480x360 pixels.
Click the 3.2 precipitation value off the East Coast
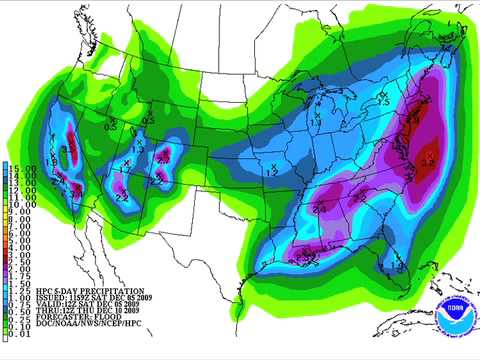[x=429, y=158]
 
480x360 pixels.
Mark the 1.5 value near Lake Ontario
[x=382, y=99]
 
